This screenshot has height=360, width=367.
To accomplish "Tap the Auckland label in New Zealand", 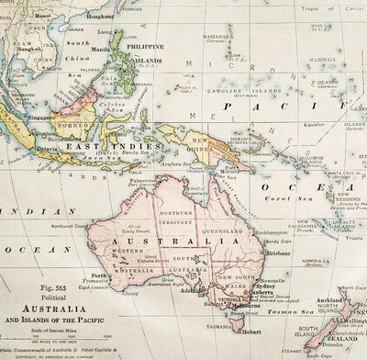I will [328, 300].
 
